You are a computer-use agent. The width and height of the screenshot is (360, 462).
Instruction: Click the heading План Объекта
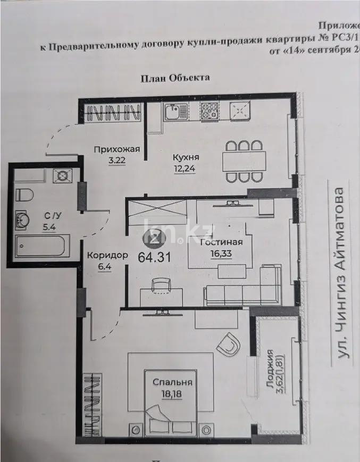pos(175,78)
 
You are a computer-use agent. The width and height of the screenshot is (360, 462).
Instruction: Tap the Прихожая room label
pos(116,149)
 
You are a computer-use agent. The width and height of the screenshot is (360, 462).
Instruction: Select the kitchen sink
pos(175,112)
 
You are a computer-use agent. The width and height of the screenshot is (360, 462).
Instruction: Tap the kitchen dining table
pos(244,161)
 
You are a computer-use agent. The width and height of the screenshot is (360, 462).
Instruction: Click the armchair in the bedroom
pos(228,345)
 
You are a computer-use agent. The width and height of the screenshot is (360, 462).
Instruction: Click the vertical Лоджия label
pos(273,371)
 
